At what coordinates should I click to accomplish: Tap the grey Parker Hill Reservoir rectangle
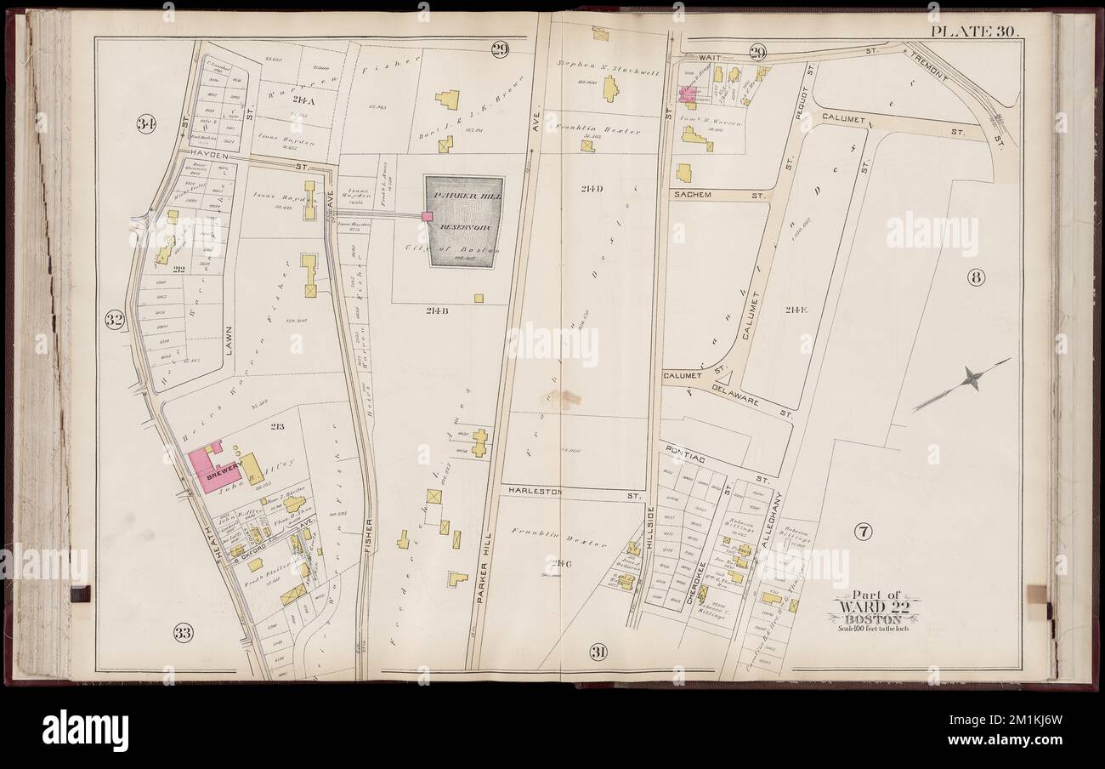(464, 221)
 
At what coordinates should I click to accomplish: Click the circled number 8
(975, 276)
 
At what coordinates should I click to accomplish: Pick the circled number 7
(862, 533)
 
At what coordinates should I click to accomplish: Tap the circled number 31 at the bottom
(598, 652)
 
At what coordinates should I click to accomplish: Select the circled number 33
(182, 632)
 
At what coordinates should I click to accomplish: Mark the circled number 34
(146, 125)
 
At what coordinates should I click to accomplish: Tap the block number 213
(277, 426)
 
